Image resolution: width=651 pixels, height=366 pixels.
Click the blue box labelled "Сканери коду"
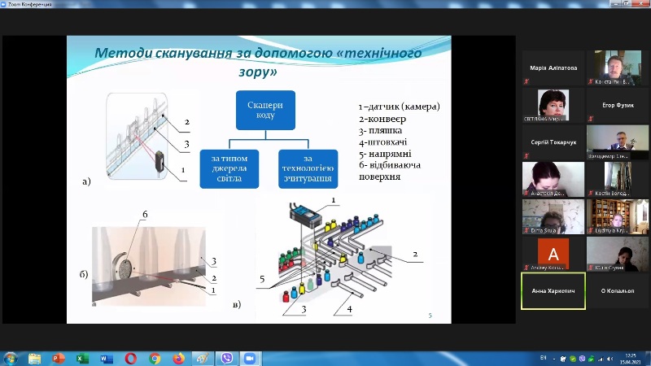pos(266,110)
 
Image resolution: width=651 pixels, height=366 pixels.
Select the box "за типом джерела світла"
pos(234,168)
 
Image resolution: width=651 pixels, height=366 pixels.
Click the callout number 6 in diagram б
pos(146,214)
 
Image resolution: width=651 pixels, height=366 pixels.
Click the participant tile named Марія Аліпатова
pos(553,68)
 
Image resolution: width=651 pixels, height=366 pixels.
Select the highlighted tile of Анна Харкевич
pos(553,290)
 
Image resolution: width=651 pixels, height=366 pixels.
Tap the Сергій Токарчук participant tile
pos(553,142)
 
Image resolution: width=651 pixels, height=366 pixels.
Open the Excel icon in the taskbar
pos(82,358)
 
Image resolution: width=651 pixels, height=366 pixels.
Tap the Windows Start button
pos(11,358)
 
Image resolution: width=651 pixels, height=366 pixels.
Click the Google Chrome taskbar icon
pos(155,358)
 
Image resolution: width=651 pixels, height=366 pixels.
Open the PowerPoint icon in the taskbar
pos(59,358)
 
